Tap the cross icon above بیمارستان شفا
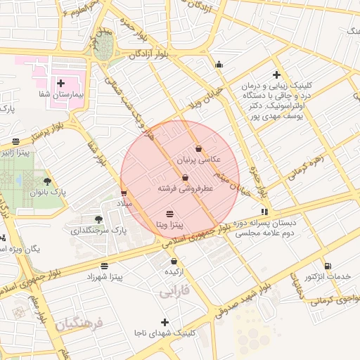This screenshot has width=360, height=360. (x=60, y=83)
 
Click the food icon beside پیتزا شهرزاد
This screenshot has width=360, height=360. (x=105, y=266)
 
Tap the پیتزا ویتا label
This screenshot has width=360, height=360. (x=169, y=225)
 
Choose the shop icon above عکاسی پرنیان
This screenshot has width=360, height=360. (x=199, y=149)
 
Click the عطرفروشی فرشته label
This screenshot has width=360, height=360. (x=185, y=189)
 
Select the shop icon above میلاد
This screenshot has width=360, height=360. (x=124, y=193)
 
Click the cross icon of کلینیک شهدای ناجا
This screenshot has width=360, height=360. (x=165, y=322)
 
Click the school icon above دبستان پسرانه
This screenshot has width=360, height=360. (x=264, y=211)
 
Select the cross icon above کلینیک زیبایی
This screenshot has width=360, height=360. (x=277, y=75)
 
